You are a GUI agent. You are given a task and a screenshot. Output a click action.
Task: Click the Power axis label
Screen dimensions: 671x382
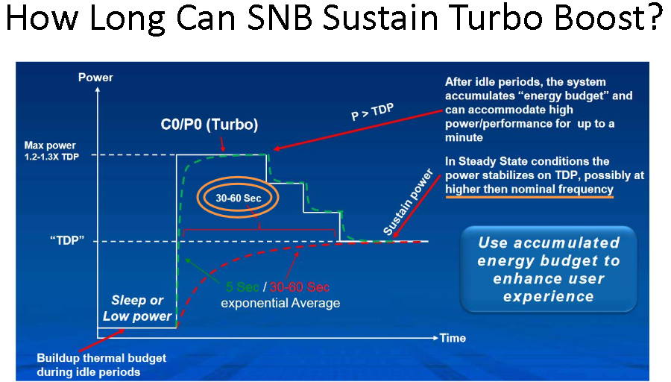(95, 78)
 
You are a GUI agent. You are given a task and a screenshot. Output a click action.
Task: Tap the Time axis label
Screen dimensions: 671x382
(453, 338)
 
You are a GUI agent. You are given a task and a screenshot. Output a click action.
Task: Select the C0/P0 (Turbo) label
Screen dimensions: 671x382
(210, 124)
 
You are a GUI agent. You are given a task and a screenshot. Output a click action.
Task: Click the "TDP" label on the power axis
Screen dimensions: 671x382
(67, 240)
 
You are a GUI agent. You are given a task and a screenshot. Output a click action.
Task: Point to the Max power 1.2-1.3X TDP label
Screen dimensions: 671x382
(51, 151)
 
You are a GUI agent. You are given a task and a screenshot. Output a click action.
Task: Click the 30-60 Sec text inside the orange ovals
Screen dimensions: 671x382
(239, 198)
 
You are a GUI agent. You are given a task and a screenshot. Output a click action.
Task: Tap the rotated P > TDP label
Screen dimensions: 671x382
(372, 112)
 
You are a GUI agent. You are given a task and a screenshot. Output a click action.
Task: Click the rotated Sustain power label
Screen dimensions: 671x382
(408, 202)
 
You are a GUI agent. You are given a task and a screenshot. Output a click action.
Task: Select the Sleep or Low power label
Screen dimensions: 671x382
(137, 308)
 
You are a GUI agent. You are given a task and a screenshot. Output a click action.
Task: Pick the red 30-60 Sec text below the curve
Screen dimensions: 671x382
(300, 287)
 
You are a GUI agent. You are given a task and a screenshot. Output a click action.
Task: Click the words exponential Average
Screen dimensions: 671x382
(280, 303)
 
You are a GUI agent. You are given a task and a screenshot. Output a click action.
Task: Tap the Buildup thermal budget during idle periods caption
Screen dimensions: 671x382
(101, 365)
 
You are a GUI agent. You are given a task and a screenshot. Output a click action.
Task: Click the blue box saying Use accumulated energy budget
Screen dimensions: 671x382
(549, 269)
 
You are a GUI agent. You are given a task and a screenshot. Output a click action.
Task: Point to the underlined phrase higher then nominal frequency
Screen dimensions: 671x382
(529, 190)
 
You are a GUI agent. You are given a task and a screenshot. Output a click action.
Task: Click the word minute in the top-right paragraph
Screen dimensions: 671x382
(464, 137)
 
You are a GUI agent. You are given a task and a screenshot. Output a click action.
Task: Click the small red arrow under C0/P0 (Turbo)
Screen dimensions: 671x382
(222, 144)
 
